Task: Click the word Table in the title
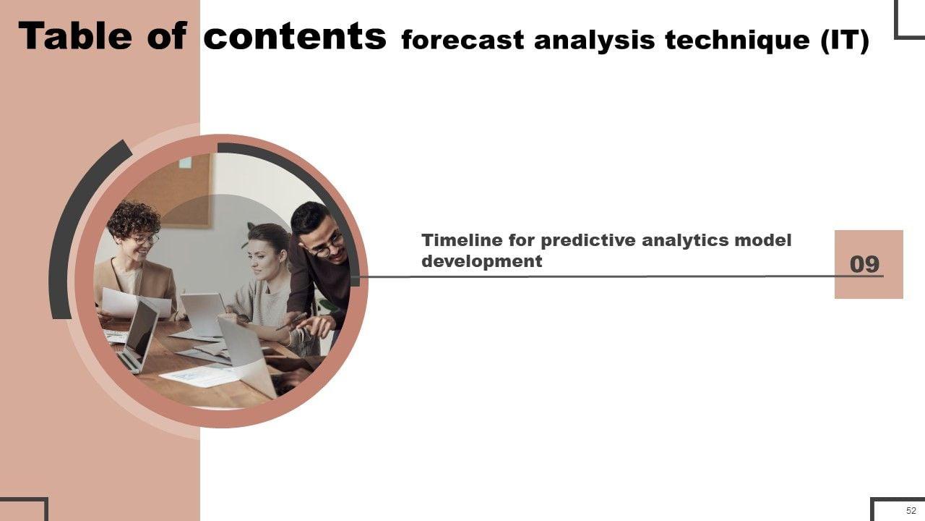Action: (75, 36)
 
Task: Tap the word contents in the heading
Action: (295, 36)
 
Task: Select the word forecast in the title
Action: (462, 40)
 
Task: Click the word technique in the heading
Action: (737, 41)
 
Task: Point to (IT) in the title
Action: (845, 41)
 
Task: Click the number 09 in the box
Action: (864, 264)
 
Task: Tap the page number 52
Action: (911, 510)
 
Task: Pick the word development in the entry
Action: (481, 262)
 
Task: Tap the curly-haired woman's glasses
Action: (147, 239)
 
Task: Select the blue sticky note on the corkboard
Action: (185, 163)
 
